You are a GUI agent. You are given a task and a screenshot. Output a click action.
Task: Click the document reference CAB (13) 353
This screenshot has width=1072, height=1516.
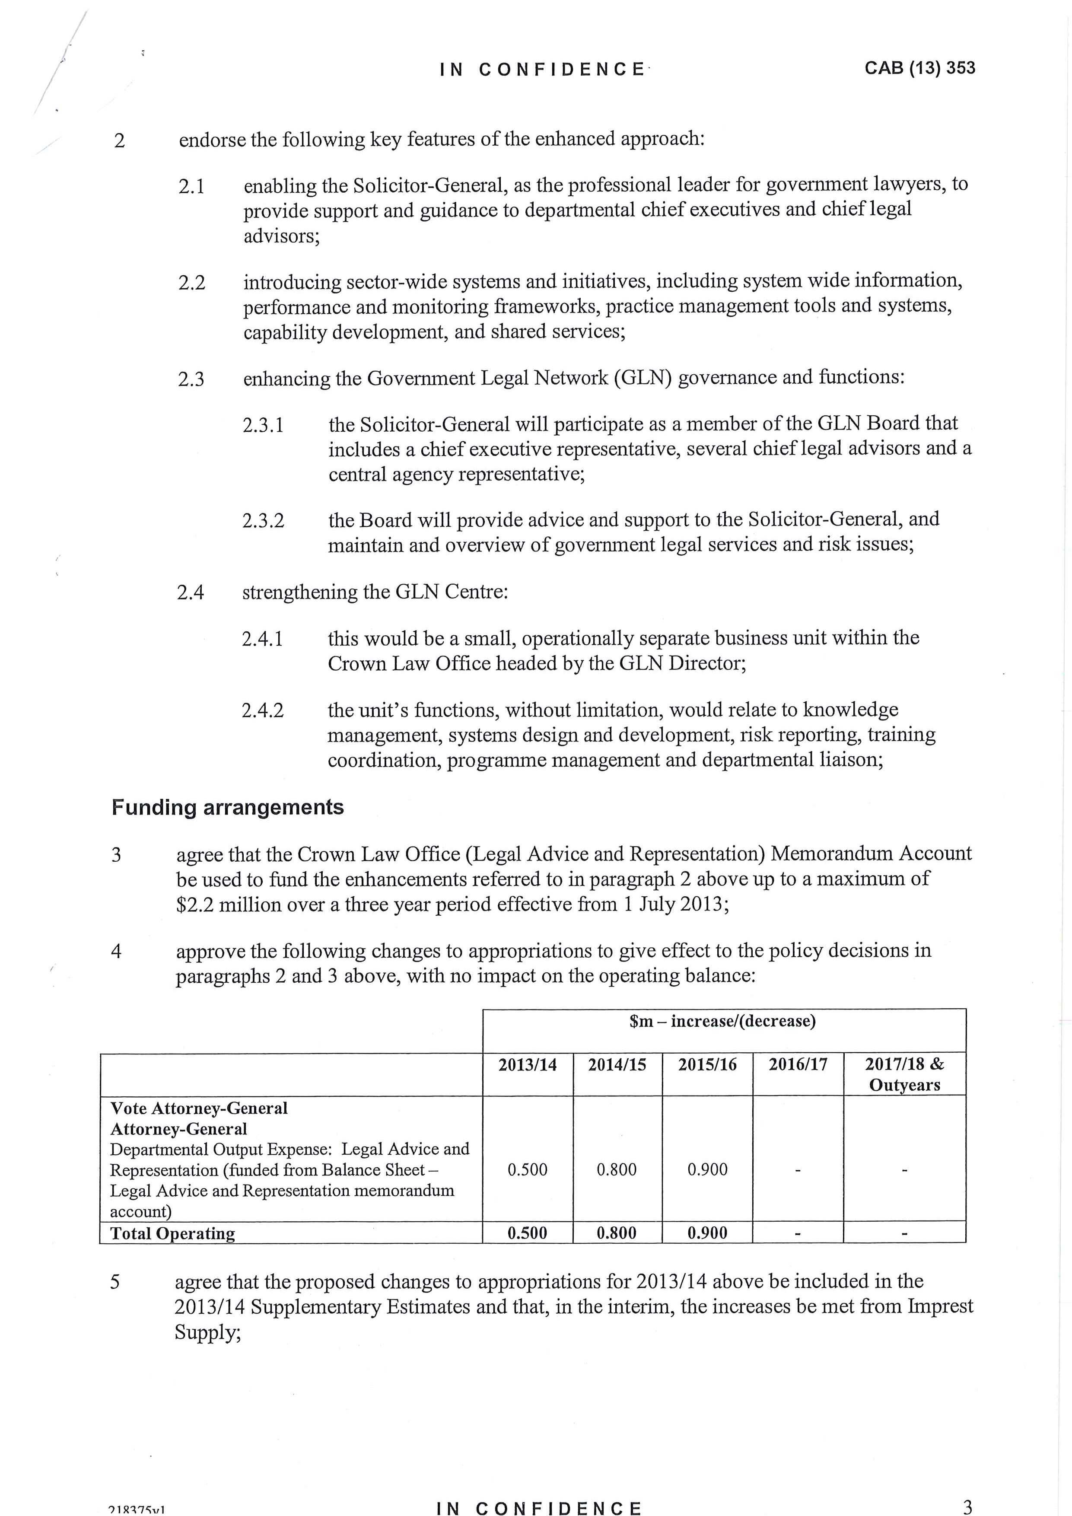(x=919, y=68)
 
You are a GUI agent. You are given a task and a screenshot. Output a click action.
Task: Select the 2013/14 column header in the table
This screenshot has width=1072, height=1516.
(x=528, y=1064)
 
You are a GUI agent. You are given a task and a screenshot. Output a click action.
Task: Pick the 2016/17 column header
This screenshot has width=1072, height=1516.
(x=797, y=1064)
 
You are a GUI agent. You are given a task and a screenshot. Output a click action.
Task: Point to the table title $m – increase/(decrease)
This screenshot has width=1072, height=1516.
(x=723, y=1022)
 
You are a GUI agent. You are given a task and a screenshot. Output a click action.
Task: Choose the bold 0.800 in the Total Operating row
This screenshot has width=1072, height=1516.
(x=617, y=1233)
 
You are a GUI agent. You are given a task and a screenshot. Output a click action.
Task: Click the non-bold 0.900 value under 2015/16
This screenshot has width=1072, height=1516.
(x=707, y=1169)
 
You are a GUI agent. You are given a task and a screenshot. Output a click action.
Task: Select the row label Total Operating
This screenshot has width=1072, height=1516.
(x=172, y=1233)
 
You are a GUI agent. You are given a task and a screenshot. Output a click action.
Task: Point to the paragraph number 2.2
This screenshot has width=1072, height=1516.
(x=191, y=283)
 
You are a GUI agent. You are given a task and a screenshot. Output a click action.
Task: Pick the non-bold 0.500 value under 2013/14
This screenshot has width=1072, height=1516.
(x=528, y=1169)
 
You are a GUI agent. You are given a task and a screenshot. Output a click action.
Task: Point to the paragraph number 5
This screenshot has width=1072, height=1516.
(x=115, y=1282)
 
